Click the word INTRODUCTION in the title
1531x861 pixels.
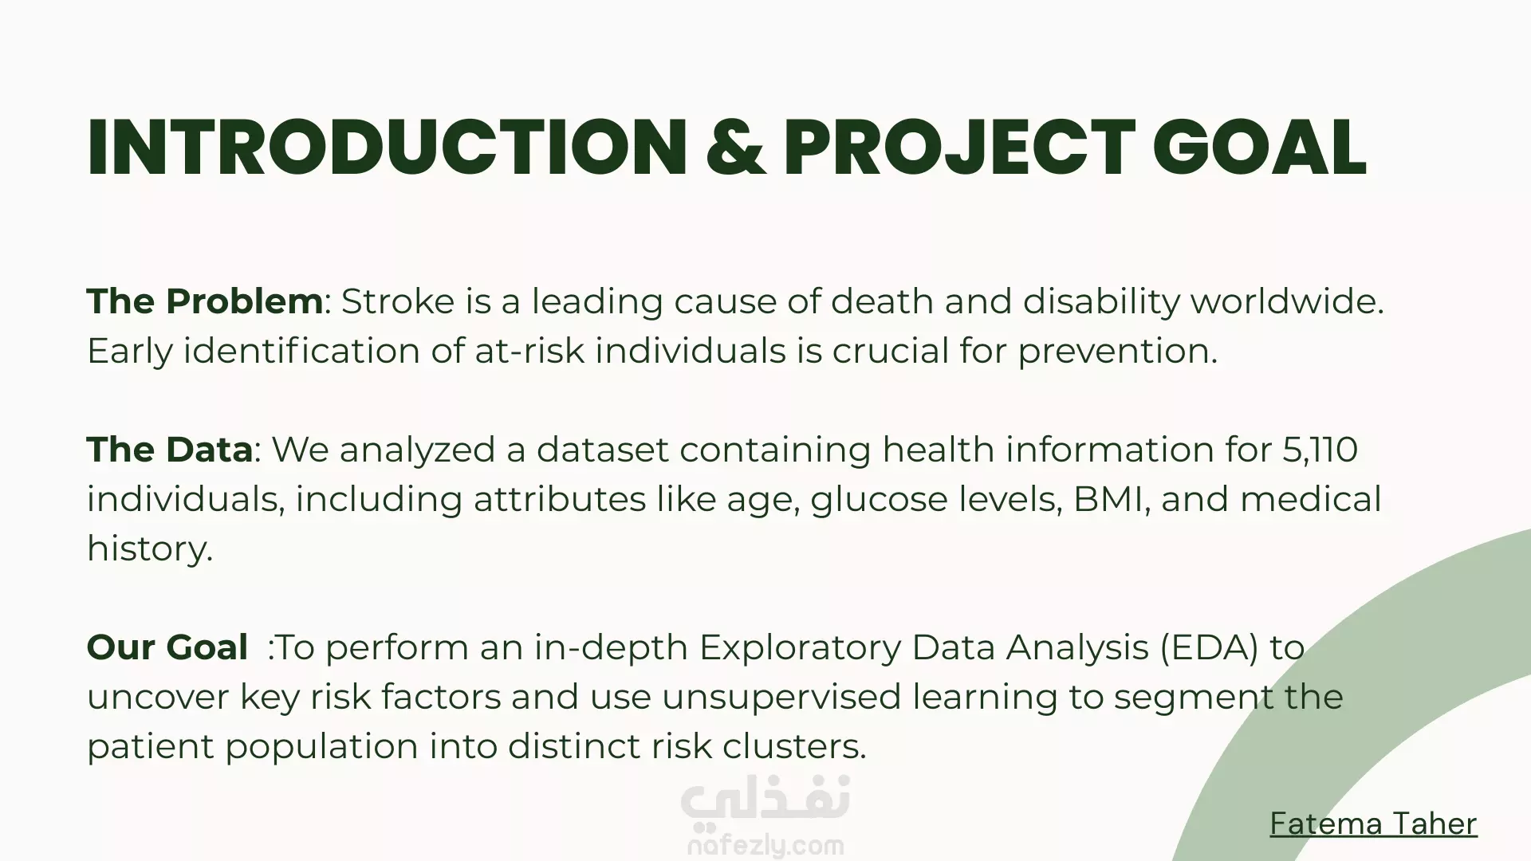click(x=387, y=147)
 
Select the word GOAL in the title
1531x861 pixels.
click(x=1260, y=147)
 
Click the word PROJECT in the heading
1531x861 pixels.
click(x=959, y=147)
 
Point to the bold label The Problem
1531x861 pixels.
click(x=205, y=301)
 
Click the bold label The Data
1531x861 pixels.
click(x=170, y=450)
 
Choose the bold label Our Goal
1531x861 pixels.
click(x=167, y=647)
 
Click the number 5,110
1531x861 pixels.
click(x=1320, y=450)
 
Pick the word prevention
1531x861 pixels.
click(x=1118, y=352)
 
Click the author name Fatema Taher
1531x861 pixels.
click(x=1373, y=824)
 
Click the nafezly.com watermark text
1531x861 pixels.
click(x=765, y=845)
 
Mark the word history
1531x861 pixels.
click(x=150, y=549)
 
